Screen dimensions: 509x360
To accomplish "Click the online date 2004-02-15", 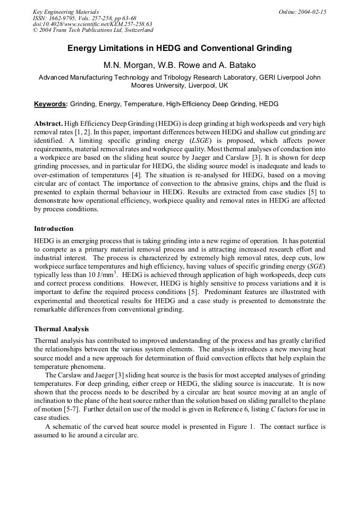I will pos(311,11).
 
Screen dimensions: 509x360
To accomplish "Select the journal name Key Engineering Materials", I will pos(65,11).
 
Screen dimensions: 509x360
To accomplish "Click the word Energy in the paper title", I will pos(83,48).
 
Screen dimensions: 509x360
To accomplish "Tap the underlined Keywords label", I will pos(50,104).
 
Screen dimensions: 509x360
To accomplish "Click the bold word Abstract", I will pos(49,122).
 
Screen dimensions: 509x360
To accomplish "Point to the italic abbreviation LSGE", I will pos(200,140).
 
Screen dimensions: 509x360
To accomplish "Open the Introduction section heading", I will pos(54,229).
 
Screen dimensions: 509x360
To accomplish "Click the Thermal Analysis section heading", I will pos(62,329).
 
